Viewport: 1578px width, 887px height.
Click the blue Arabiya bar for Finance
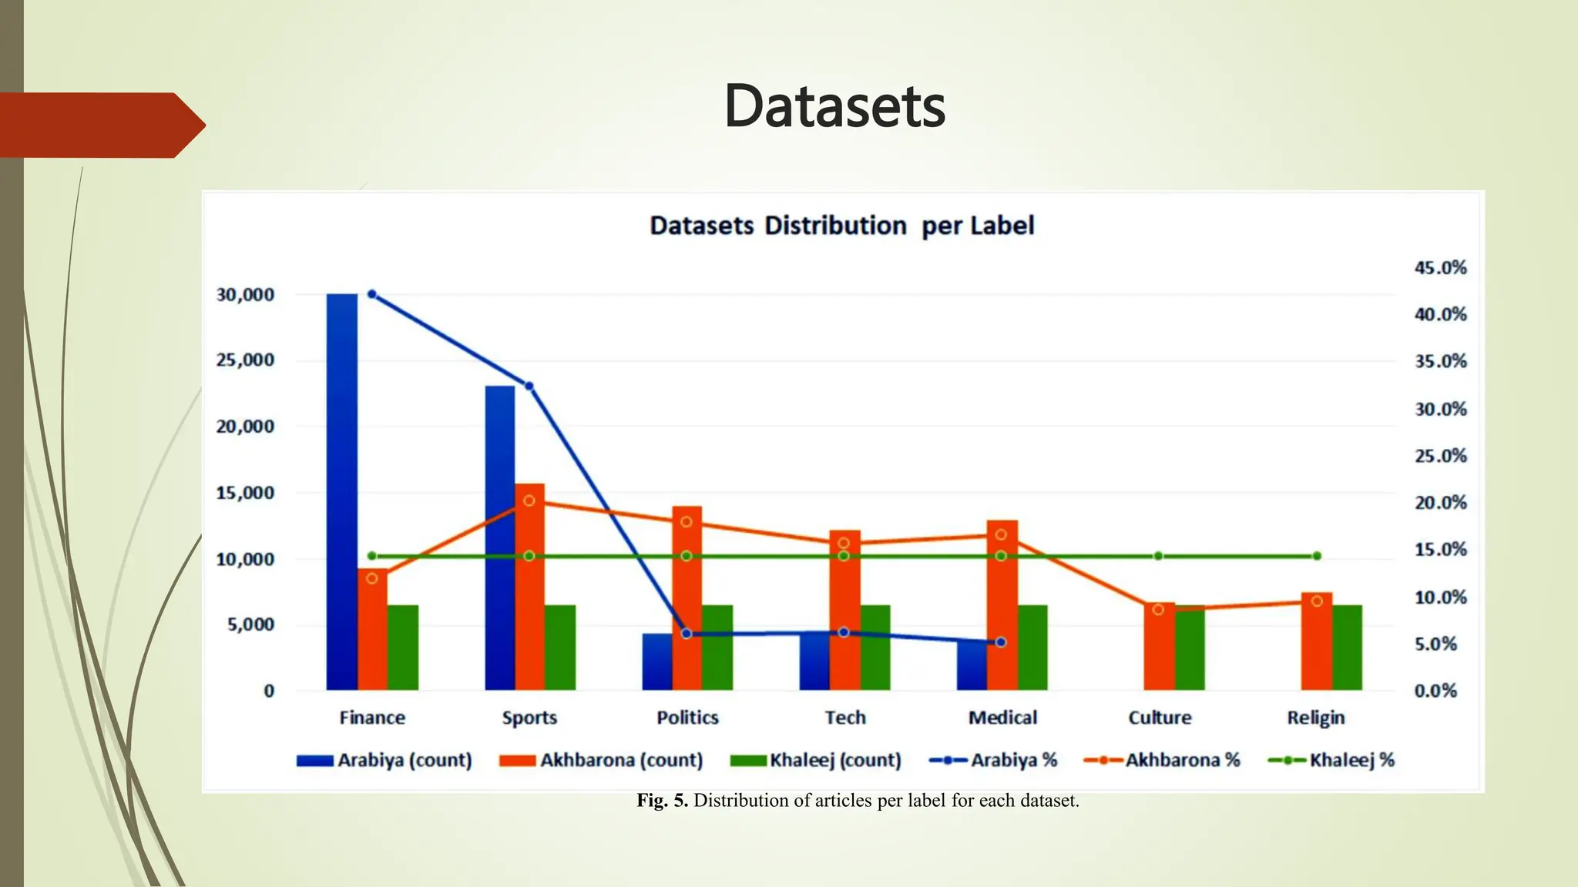[x=341, y=493]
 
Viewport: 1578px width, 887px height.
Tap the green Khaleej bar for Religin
[x=1347, y=648]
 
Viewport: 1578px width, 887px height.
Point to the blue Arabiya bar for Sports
[x=499, y=539]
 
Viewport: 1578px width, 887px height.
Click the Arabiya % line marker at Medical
[x=1001, y=641]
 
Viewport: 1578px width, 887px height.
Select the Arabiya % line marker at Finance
[x=372, y=294]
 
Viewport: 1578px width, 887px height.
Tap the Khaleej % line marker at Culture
[x=1158, y=556]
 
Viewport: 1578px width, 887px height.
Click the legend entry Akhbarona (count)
[x=602, y=760]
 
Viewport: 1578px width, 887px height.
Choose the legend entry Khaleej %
[x=1331, y=760]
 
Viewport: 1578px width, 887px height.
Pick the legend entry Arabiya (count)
[x=384, y=760]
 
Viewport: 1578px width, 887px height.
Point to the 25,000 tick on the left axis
[x=245, y=360]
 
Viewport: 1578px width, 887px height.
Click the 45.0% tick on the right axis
[x=1440, y=268]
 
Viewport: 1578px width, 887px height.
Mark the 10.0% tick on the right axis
[x=1440, y=597]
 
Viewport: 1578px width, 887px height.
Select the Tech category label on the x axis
[x=845, y=718]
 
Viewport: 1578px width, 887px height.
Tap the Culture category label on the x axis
[x=1160, y=718]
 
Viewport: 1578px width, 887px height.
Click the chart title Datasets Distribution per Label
[x=841, y=226]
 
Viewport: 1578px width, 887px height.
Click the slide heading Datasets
[x=834, y=106]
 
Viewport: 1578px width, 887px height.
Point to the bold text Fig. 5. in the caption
[x=662, y=801]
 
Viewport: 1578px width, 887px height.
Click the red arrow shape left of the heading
[x=100, y=125]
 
